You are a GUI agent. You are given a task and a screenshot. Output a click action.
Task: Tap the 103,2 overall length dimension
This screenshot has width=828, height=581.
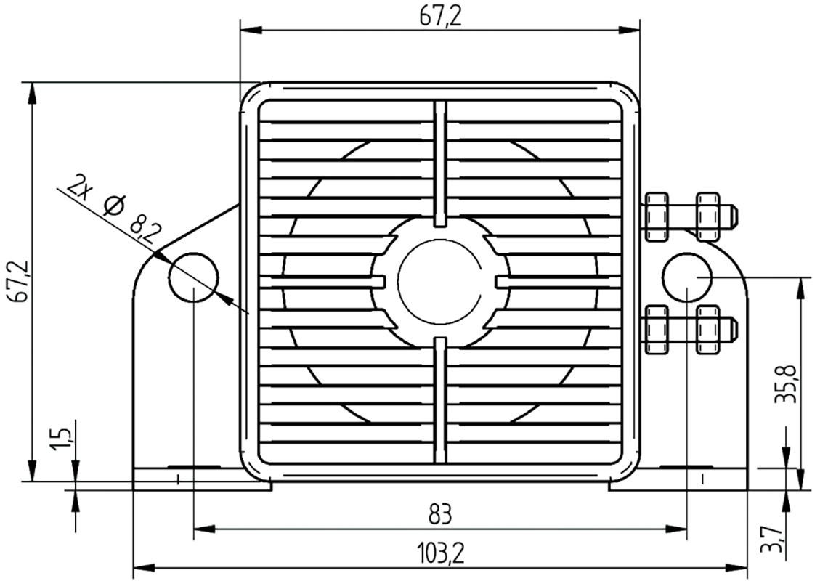440,554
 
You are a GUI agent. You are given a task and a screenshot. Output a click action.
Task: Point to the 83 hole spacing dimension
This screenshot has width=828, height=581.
439,515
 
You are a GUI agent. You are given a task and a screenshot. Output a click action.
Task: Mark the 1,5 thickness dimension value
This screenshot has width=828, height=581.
63,439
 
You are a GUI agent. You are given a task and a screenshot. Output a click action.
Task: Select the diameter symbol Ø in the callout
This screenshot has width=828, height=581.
113,206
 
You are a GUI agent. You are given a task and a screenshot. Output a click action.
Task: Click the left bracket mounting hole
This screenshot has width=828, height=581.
193,277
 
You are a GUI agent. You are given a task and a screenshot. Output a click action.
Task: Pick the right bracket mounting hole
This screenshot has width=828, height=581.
687,277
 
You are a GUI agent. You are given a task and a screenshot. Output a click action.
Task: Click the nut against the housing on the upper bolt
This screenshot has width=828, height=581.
656,216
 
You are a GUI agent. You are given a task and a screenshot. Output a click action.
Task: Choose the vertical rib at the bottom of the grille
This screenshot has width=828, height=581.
439,399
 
